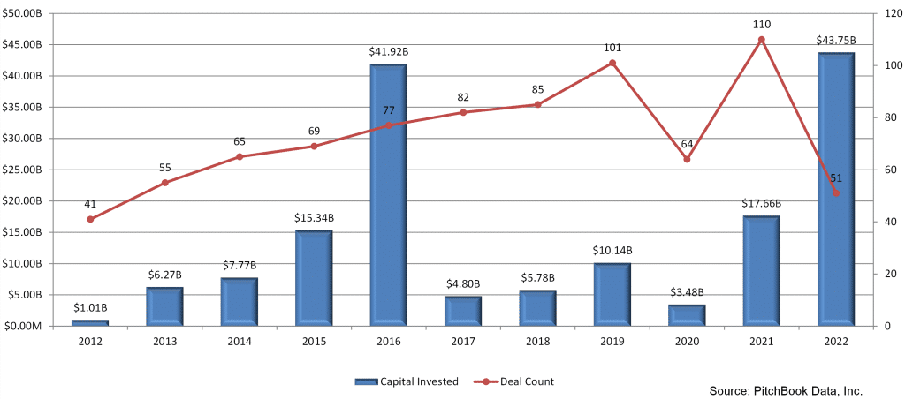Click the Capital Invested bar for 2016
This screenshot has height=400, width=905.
point(388,194)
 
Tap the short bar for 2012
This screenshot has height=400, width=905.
point(89,323)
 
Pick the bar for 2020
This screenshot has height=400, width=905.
point(686,315)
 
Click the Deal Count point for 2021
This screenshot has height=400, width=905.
point(761,40)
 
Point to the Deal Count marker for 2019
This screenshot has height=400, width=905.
point(612,63)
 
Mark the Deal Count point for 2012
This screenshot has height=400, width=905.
point(90,219)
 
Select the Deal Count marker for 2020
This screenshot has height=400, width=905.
point(687,159)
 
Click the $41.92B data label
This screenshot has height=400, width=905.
point(388,52)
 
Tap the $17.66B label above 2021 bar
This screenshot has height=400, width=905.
point(761,204)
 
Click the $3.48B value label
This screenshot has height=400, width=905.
point(686,292)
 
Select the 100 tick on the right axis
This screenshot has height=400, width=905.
point(887,66)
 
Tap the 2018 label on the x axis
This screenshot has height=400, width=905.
point(537,341)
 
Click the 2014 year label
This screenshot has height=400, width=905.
point(239,341)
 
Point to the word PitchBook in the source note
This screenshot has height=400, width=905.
point(779,389)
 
